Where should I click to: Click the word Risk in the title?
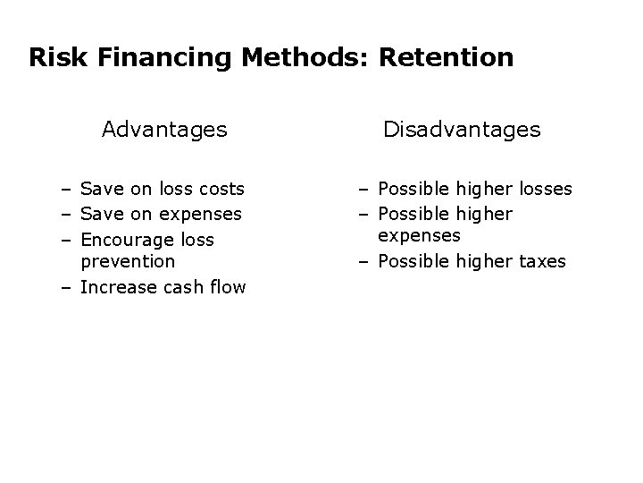click(x=54, y=58)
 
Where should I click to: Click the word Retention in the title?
click(x=446, y=58)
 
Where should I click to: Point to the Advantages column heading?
click(x=164, y=130)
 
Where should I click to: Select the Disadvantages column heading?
click(x=462, y=130)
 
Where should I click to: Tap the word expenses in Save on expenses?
click(x=202, y=214)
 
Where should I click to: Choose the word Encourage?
click(x=128, y=240)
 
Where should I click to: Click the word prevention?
click(x=128, y=261)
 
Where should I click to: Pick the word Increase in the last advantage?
click(x=117, y=287)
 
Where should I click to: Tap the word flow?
click(x=227, y=287)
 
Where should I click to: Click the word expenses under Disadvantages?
click(x=419, y=235)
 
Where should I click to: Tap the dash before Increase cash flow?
click(x=68, y=287)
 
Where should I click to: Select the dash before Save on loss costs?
click(x=68, y=189)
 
